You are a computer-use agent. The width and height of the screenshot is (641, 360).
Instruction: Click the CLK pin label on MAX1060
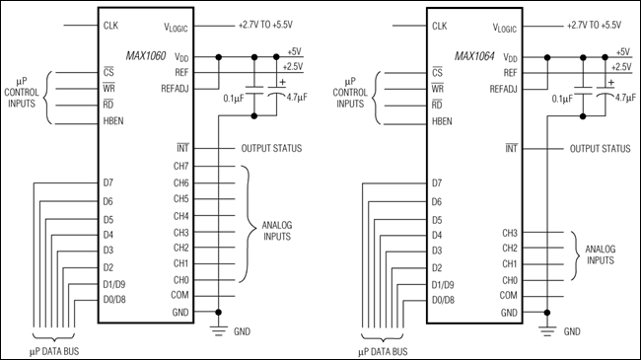[x=110, y=25]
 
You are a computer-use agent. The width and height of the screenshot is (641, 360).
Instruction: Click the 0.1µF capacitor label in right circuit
[x=561, y=99]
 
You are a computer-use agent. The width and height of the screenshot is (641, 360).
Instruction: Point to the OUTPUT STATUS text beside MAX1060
[x=271, y=149]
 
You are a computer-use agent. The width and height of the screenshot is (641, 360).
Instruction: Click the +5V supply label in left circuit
[x=294, y=51]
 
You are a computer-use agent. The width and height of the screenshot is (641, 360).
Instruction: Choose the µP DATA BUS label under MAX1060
[x=59, y=349]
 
